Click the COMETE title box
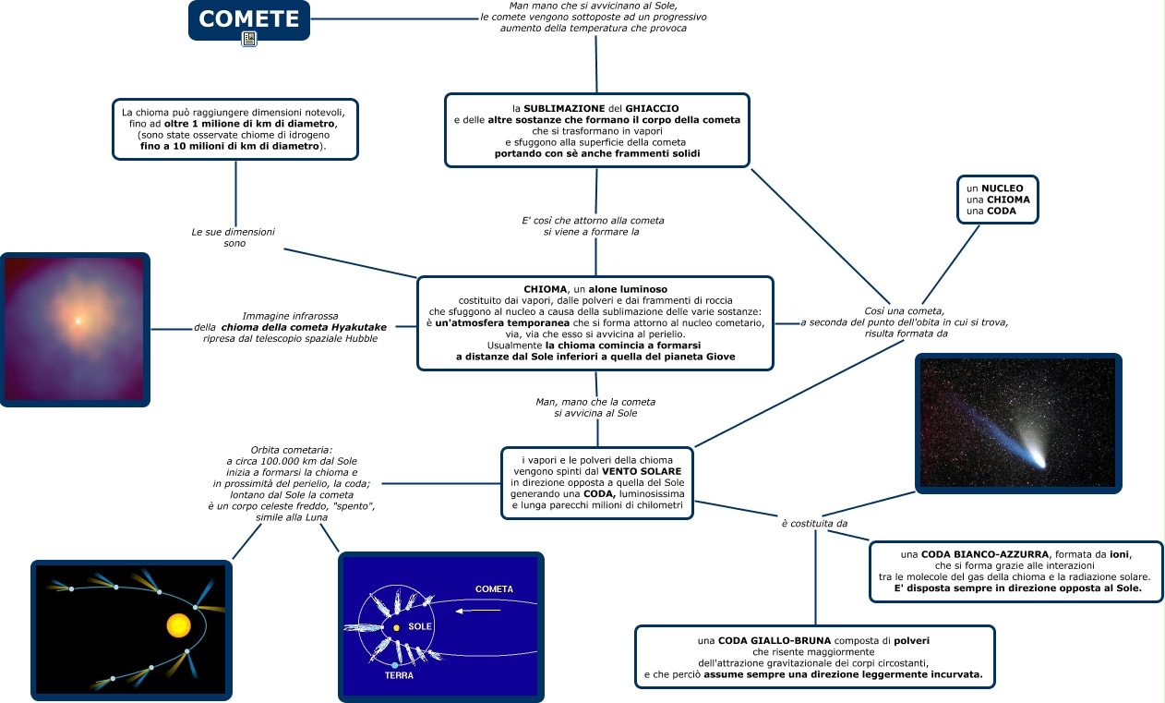[249, 19]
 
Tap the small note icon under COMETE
[249, 39]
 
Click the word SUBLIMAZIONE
[564, 108]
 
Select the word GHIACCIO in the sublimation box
[652, 108]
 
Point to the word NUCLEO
[1003, 188]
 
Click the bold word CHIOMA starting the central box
[545, 289]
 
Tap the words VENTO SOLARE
[642, 471]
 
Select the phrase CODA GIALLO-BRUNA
[775, 640]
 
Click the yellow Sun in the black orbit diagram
[178, 625]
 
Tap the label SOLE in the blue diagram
[420, 626]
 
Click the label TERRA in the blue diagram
[399, 675]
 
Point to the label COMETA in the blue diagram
[494, 589]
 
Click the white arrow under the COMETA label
[478, 611]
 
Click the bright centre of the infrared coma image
[78, 321]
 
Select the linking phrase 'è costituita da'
[814, 524]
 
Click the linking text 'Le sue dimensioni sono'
[234, 237]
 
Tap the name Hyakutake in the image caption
[359, 327]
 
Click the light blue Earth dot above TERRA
[395, 665]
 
